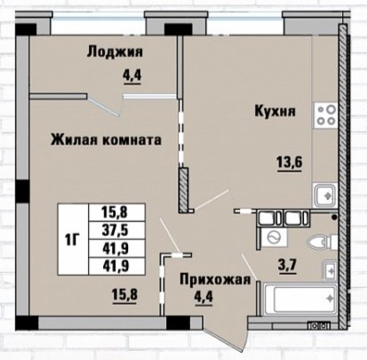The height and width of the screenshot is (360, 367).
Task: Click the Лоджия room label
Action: [115, 52]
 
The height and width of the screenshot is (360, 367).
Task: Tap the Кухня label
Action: [275, 111]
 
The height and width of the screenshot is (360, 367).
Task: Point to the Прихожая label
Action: [215, 279]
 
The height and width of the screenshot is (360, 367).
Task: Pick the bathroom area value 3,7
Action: [287, 265]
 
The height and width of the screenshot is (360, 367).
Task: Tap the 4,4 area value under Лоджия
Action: [132, 76]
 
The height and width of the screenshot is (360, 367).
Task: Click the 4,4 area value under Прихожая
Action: [203, 296]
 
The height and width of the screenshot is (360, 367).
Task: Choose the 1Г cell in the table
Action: [73, 239]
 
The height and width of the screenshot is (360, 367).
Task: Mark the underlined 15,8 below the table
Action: [124, 295]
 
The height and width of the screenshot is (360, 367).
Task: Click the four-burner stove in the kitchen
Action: [326, 116]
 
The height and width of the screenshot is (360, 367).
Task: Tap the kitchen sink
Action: [325, 196]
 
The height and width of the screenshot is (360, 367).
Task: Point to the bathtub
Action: [299, 300]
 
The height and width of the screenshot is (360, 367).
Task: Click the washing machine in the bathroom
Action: [274, 237]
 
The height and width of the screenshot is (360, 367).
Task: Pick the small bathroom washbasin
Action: [331, 271]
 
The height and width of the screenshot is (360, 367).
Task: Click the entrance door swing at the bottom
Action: [225, 332]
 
